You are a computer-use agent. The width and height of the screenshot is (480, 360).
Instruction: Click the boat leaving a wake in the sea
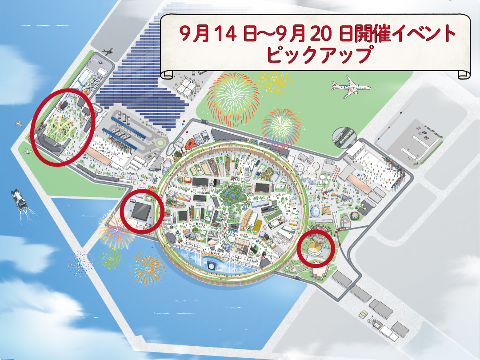click(19, 199)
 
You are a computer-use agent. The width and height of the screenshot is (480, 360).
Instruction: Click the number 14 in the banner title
click(216, 33)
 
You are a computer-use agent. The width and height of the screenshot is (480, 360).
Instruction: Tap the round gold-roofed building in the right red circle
click(316, 248)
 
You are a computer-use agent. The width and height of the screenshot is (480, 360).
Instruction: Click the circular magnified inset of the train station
click(344, 137)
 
